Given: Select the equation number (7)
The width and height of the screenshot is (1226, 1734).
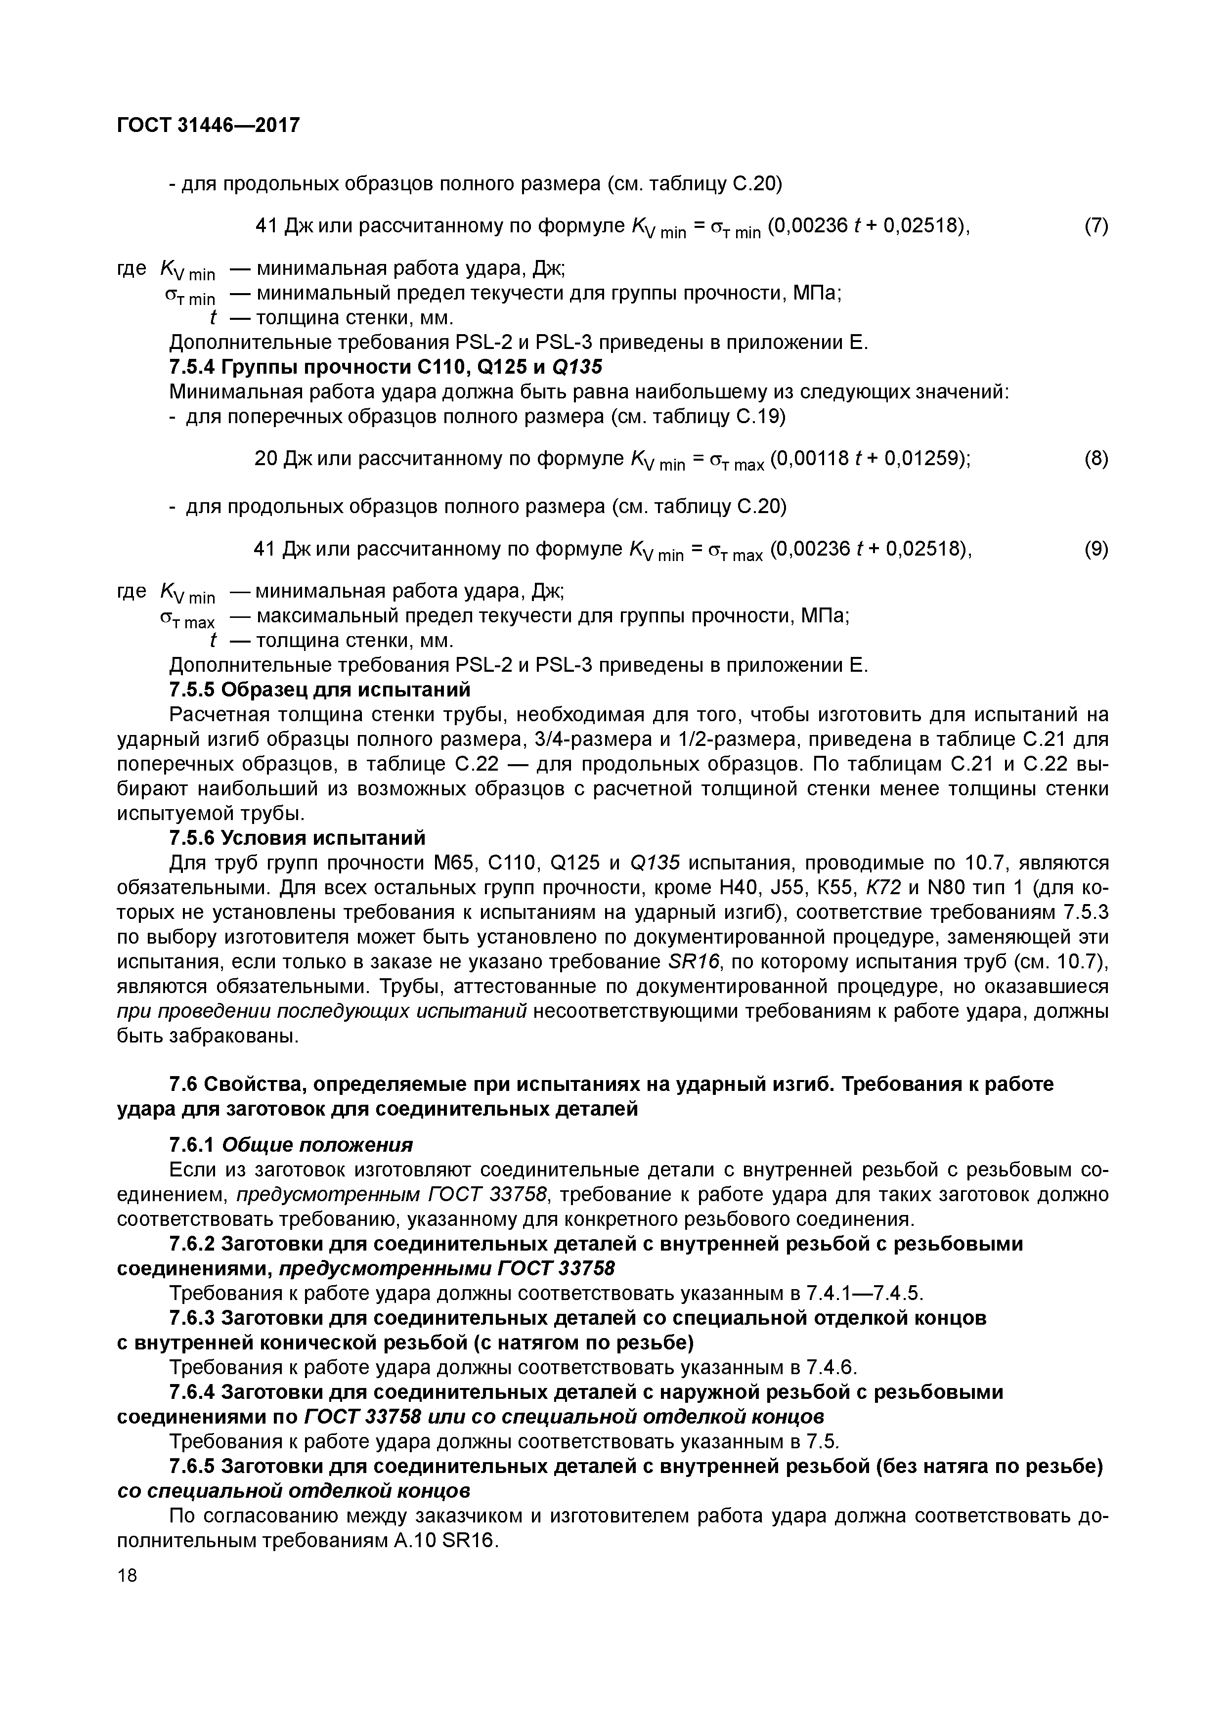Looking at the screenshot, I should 1096,226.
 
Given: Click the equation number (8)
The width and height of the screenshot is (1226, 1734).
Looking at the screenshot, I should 1096,458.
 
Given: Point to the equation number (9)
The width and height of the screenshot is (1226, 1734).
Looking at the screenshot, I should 1096,549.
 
